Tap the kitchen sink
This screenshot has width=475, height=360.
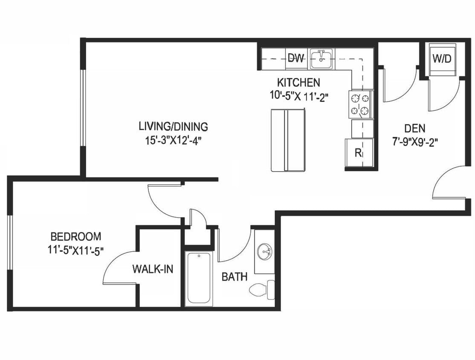[x=321, y=59]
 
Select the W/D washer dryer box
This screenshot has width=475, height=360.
[x=442, y=59]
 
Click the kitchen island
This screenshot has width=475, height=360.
[x=288, y=140]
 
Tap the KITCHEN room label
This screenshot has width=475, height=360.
[x=298, y=82]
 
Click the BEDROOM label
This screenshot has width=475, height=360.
[x=76, y=236]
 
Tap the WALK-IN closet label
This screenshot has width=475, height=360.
[x=153, y=269]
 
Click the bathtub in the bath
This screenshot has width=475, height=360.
[x=199, y=278]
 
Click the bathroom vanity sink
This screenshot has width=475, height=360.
[x=265, y=250]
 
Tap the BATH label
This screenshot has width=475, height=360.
[x=234, y=277]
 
